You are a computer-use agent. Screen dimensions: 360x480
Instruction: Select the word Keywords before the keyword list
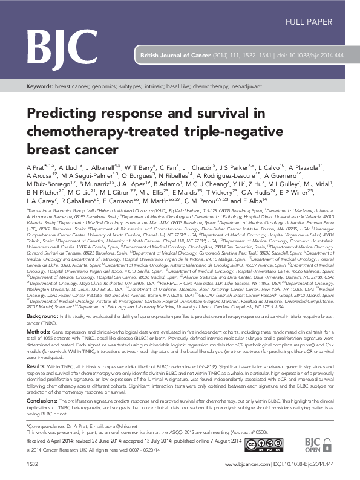(39, 87)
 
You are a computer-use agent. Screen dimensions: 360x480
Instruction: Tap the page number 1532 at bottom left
(32, 464)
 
